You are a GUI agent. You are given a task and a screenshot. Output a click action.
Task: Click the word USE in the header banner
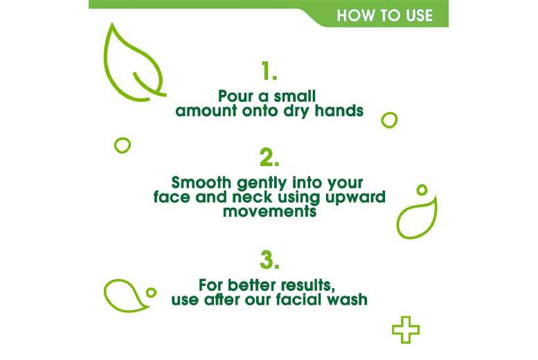pyautogui.click(x=415, y=15)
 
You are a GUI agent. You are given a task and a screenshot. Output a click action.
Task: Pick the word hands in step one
pyautogui.click(x=340, y=111)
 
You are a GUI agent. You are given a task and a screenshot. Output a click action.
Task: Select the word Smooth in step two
pyautogui.click(x=198, y=183)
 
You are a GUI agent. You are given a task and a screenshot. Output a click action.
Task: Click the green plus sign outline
pyautogui.click(x=406, y=331)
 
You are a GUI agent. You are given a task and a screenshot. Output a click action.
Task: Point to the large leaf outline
pyautogui.click(x=134, y=62)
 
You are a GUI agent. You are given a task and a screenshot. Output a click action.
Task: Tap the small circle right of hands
pyautogui.click(x=390, y=120)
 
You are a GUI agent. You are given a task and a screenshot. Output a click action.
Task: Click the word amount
pyautogui.click(x=204, y=111)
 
